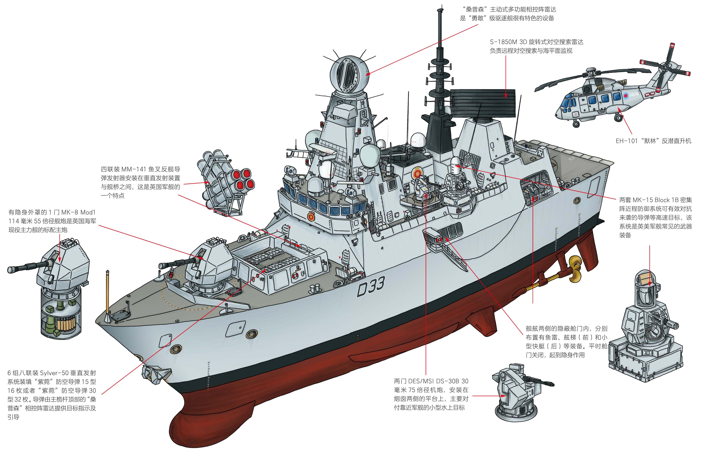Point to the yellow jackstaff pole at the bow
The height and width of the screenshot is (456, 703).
tap(107, 295)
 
